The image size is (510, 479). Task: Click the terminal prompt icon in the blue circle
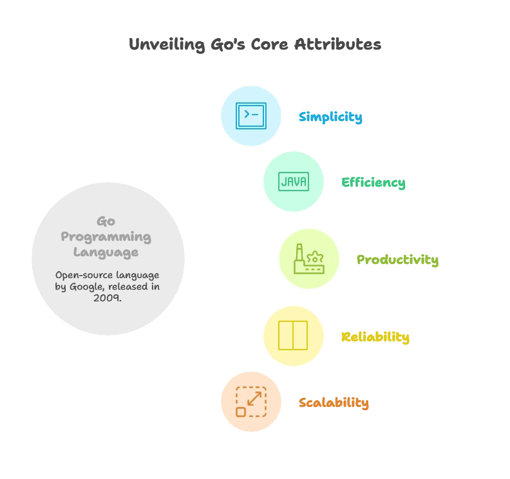pos(251,115)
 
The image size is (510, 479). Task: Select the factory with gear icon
pos(308,259)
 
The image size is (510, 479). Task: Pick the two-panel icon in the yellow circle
pos(293,335)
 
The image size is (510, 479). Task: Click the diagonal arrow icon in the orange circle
pos(250,402)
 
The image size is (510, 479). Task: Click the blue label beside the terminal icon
pos(331,117)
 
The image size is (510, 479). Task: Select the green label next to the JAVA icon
pos(373,183)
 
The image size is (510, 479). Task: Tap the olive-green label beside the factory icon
pos(398,261)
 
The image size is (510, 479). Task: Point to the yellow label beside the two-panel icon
pos(375,337)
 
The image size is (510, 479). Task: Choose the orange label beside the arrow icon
pos(334,404)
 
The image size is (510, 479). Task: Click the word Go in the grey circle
pos(106,221)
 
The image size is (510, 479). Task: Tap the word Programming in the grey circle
pos(106,236)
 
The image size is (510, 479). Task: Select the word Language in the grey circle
pos(106,252)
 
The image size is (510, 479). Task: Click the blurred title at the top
pos(255,46)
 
